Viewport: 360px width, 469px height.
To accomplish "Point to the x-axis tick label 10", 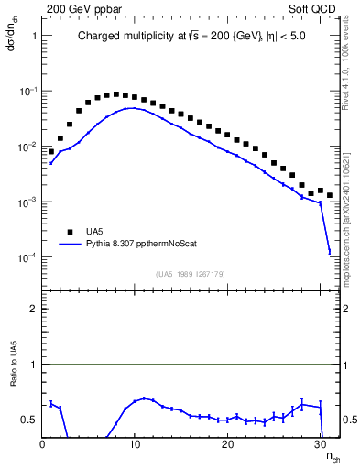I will click(135, 443).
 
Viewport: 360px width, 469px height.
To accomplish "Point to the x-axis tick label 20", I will click(227, 443).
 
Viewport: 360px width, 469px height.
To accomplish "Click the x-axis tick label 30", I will click(320, 443).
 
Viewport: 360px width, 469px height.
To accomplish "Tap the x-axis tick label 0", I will click(43, 443).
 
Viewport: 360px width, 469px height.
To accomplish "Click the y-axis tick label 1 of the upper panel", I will click(33, 36).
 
